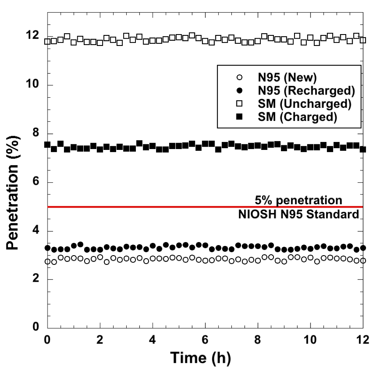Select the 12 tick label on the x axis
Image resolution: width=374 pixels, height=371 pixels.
[363, 339]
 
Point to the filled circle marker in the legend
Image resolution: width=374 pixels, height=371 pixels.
[240, 90]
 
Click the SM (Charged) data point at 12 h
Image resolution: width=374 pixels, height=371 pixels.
[363, 149]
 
